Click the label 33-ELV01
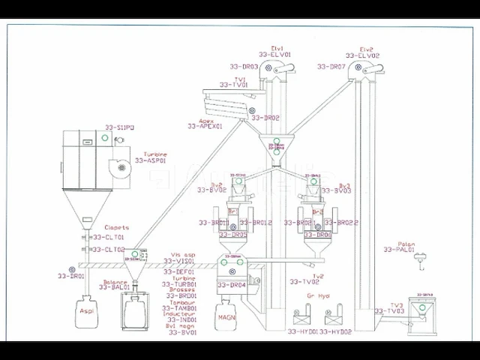pos(274,55)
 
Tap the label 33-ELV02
pos(362,55)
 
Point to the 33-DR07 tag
pos(331,67)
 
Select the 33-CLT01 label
pos(109,238)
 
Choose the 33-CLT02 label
pos(109,250)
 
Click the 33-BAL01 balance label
pos(115,287)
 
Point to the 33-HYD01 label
pos(303,331)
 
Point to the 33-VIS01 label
pos(181,260)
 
